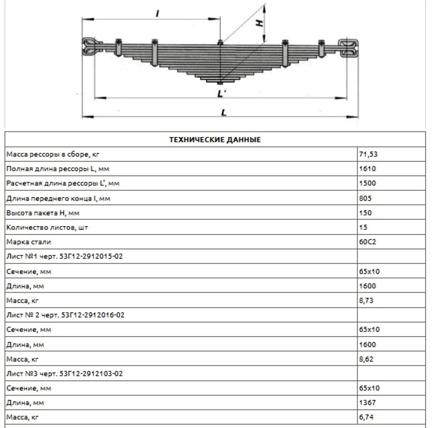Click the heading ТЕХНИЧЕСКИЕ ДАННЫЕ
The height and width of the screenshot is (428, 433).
point(215,140)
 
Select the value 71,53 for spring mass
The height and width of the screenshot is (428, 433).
point(368,154)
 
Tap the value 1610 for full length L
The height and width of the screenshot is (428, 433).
point(367,169)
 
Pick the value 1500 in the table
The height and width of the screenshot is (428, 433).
point(367,183)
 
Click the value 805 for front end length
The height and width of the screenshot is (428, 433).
point(365,198)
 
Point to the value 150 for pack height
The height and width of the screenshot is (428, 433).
point(365,213)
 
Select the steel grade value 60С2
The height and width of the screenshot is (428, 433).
point(367,242)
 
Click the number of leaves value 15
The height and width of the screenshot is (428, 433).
point(363,227)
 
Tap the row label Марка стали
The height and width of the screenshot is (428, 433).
point(29,242)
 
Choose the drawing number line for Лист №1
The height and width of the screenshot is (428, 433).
point(65,257)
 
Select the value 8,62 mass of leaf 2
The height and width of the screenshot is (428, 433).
point(366,359)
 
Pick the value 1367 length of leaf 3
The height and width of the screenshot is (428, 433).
point(367,402)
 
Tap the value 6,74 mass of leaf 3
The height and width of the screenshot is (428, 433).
point(366,417)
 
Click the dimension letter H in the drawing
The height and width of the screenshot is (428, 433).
point(259,22)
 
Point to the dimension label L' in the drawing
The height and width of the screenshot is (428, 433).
point(222,94)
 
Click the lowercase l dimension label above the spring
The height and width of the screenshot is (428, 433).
point(157,14)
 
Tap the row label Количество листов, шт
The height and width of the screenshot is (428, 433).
point(47,227)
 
